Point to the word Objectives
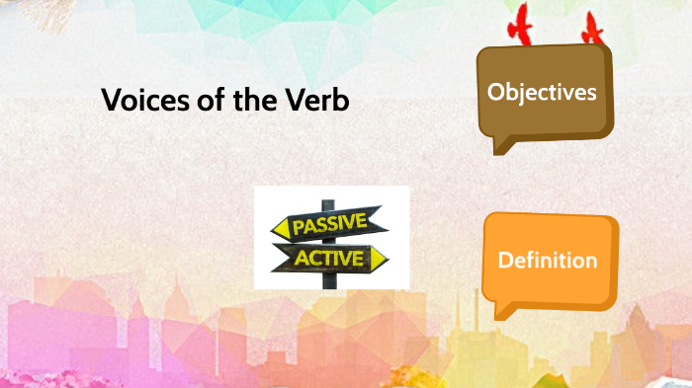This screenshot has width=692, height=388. pyautogui.click(x=542, y=93)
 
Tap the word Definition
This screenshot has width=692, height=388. pyautogui.click(x=548, y=261)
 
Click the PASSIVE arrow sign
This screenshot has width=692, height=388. pyautogui.click(x=330, y=225)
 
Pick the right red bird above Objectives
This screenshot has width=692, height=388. pyautogui.click(x=592, y=31)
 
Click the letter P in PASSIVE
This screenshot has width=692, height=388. pyautogui.click(x=299, y=229)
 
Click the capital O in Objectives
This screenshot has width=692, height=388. pyautogui.click(x=495, y=93)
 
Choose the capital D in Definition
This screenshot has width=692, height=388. pyautogui.click(x=504, y=261)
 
